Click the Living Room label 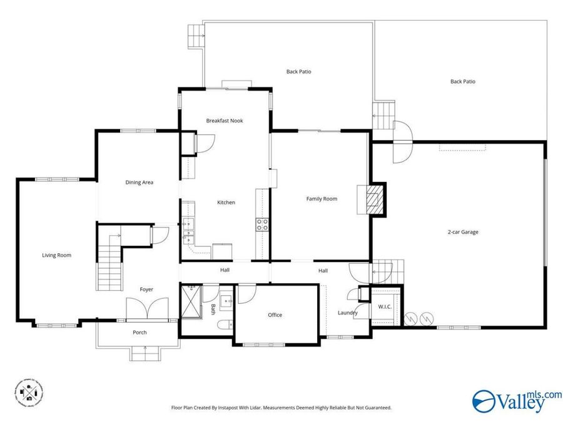56,255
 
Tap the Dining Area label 139,183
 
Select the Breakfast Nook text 225,121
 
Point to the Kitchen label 226,203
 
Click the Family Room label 322,199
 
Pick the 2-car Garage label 463,232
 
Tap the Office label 275,315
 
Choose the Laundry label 347,313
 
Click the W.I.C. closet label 385,306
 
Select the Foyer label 146,289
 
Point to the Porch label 139,333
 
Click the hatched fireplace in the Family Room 372,199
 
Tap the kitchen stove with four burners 262,224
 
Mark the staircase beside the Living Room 109,263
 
